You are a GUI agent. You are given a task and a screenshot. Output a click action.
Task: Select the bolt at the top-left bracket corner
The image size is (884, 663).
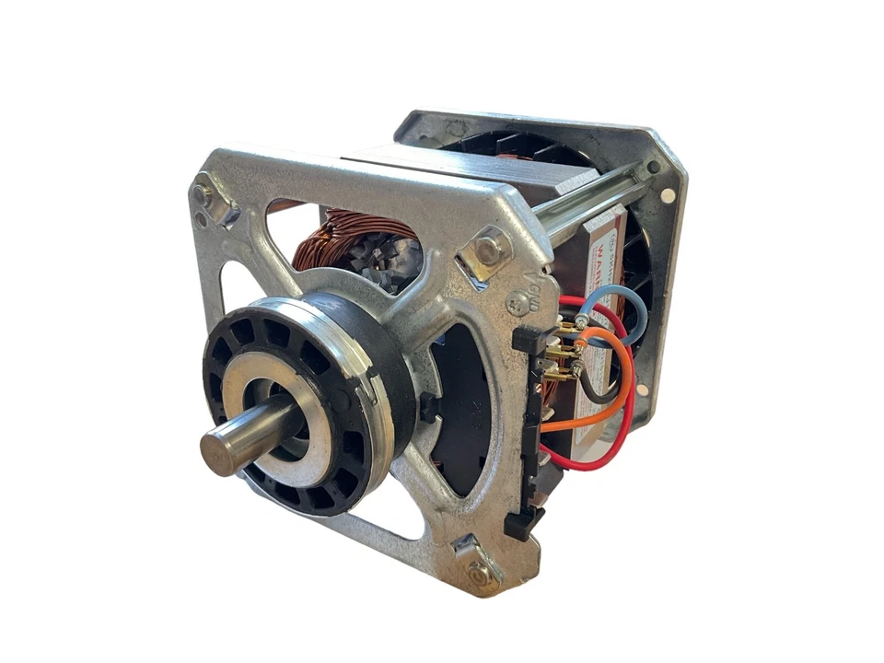point(204,196)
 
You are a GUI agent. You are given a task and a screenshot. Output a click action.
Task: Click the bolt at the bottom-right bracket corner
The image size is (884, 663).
point(481,574)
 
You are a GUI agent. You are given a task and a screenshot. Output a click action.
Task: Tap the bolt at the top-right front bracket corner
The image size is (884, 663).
point(489,247)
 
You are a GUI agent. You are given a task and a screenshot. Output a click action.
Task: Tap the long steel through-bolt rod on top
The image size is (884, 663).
point(589,197)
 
